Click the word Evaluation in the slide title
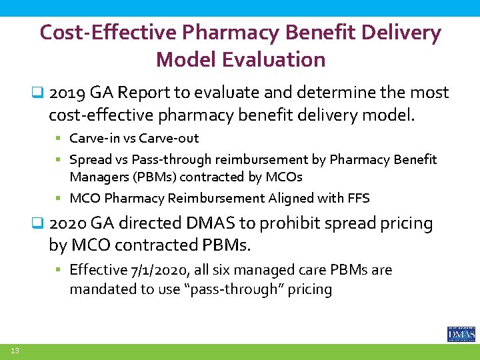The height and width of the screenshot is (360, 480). click(x=273, y=59)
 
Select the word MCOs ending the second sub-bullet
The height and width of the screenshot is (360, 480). click(x=285, y=177)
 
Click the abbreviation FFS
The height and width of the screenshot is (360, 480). click(x=358, y=198)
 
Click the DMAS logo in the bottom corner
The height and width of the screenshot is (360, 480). click(x=461, y=334)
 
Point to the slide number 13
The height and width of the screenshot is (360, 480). click(x=15, y=351)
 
